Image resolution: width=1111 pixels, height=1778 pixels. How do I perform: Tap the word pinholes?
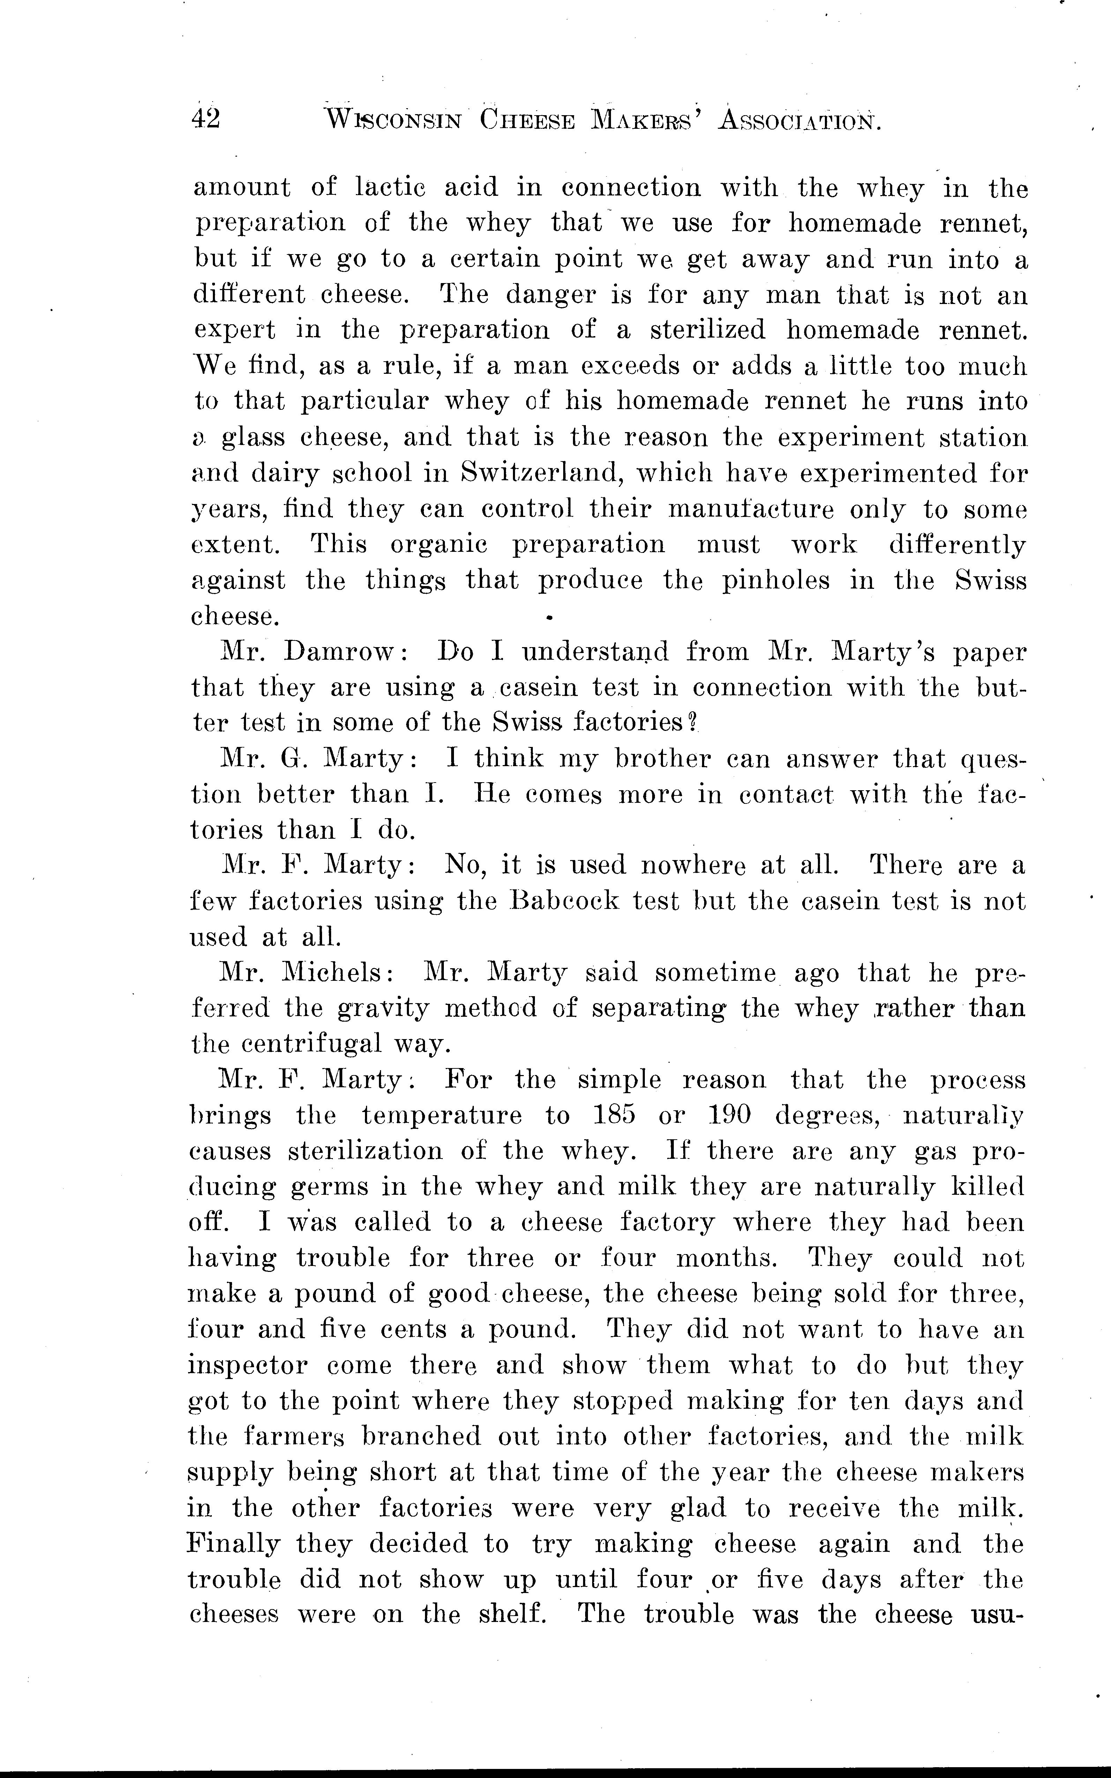pos(776,581)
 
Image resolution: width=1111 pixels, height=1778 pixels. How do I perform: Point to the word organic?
pos(438,544)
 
